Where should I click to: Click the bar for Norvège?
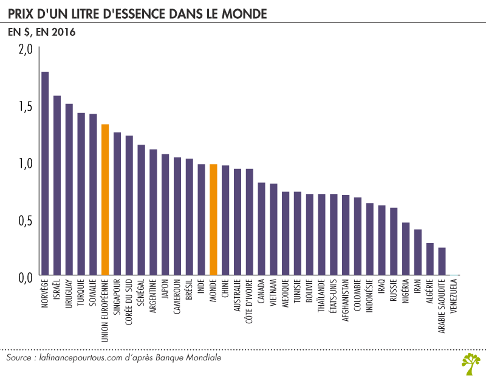tap(45, 174)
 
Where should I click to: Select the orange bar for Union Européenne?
tap(105, 200)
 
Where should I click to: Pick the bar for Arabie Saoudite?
tap(442, 262)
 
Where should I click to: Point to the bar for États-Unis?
tap(334, 235)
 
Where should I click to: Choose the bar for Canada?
tap(261, 229)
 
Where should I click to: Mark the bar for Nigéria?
tap(406, 249)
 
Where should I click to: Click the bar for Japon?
tap(165, 215)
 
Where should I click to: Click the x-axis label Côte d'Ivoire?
tap(250, 301)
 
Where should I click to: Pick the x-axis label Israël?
tap(57, 291)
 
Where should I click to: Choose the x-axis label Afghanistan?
tap(346, 299)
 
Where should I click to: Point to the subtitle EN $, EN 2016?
tap(41, 33)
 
